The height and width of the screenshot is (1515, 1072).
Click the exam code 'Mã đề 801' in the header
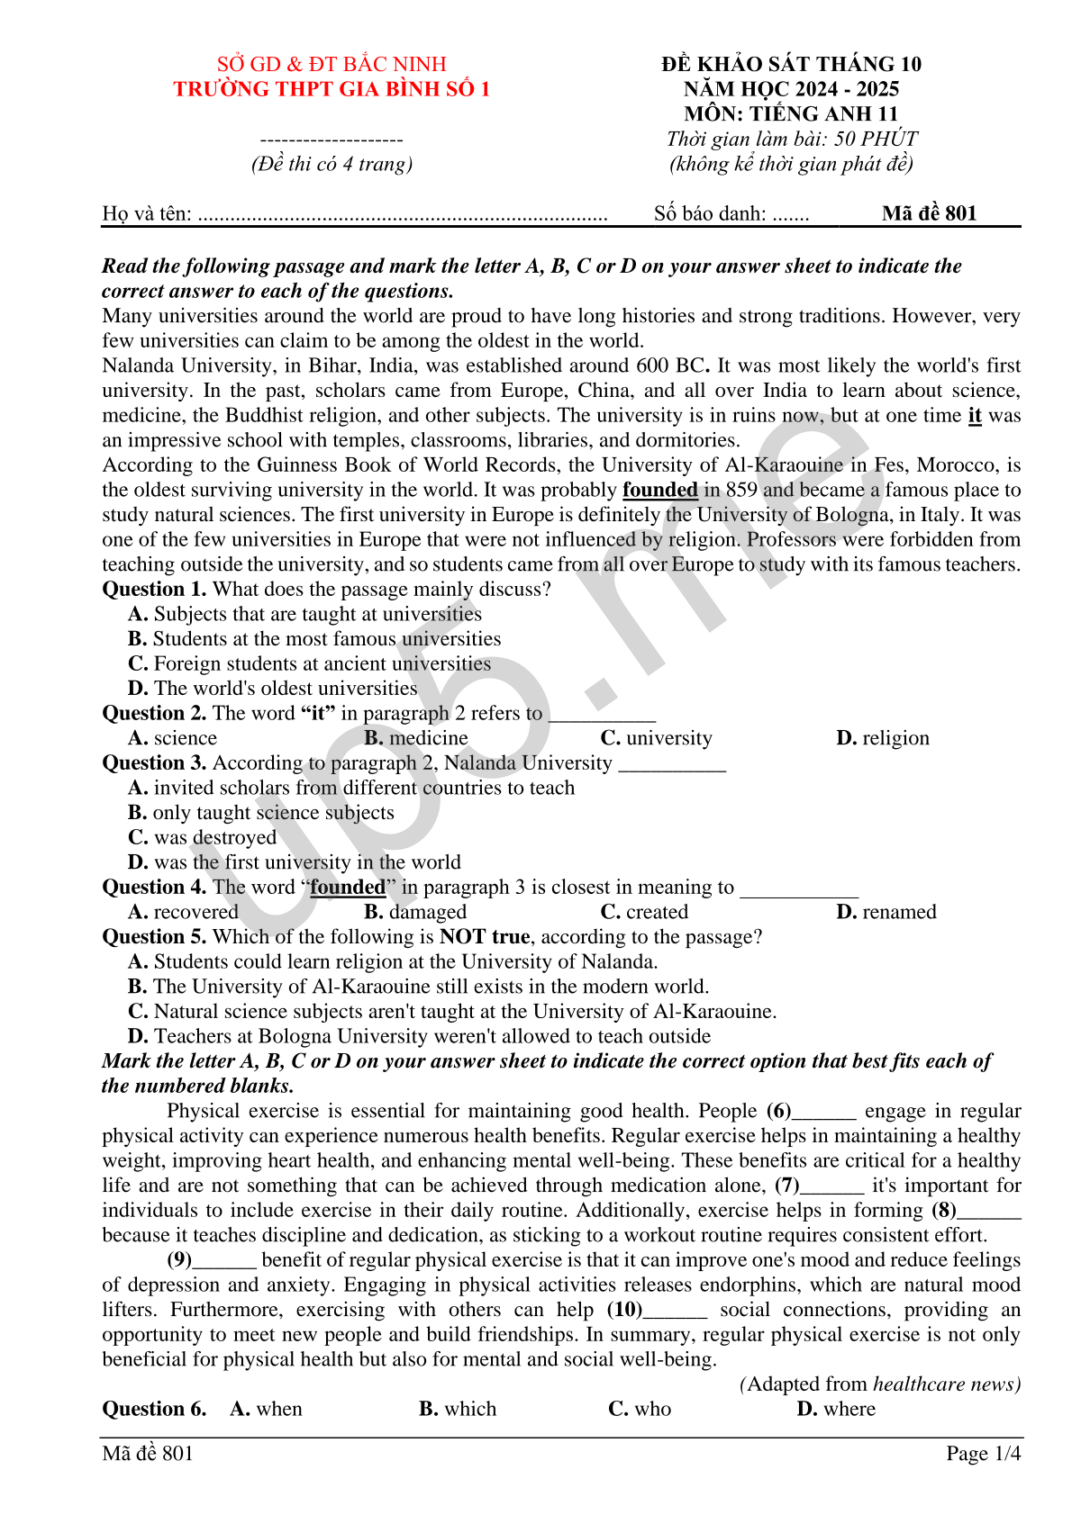click(x=929, y=213)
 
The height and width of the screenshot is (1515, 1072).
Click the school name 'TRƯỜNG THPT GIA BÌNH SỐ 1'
click(x=332, y=89)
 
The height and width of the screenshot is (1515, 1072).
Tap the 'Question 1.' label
click(x=154, y=590)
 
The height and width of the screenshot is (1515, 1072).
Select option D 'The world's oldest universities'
click(x=273, y=689)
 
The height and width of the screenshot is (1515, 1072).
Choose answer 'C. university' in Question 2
click(x=656, y=738)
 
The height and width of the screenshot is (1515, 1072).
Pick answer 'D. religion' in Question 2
click(x=882, y=738)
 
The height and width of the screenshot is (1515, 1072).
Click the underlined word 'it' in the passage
click(x=975, y=416)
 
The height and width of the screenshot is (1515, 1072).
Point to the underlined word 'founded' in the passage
click(x=660, y=491)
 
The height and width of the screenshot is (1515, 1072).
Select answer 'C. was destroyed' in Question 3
click(x=203, y=838)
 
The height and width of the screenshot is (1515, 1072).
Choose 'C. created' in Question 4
click(x=644, y=912)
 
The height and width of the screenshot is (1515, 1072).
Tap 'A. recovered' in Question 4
click(x=184, y=912)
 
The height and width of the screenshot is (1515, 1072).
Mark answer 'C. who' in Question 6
click(x=640, y=1409)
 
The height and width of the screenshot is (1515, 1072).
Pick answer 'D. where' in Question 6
click(x=836, y=1409)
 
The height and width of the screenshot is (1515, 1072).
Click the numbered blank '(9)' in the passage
click(x=180, y=1260)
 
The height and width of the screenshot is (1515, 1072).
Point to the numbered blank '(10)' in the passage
click(x=625, y=1310)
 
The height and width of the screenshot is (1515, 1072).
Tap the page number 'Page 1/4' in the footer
click(x=983, y=1454)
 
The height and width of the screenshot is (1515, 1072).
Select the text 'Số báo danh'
click(x=710, y=214)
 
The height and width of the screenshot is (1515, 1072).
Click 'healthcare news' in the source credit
click(x=947, y=1384)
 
